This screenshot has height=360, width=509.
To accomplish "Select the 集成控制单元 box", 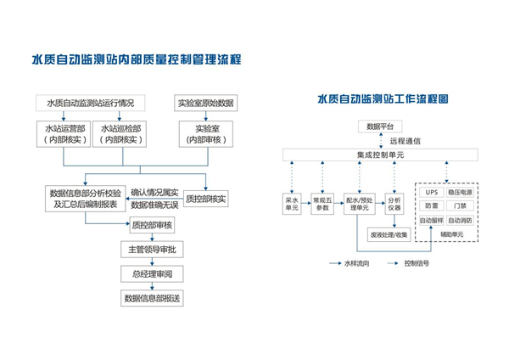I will [x=376, y=155].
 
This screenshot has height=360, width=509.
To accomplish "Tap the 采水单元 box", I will [x=292, y=204].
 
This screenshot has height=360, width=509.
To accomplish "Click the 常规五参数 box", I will [x=323, y=204].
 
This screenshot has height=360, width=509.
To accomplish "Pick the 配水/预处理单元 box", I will [x=361, y=204].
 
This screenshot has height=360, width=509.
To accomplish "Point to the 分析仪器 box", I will [x=395, y=204].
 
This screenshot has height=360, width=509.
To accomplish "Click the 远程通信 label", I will [x=405, y=141].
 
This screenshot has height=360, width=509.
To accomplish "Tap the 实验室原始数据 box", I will [x=204, y=104].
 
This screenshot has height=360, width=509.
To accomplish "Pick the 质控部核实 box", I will [x=205, y=199].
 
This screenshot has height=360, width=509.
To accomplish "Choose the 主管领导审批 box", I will [x=152, y=250].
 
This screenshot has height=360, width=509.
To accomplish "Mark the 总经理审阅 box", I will [x=152, y=273].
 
